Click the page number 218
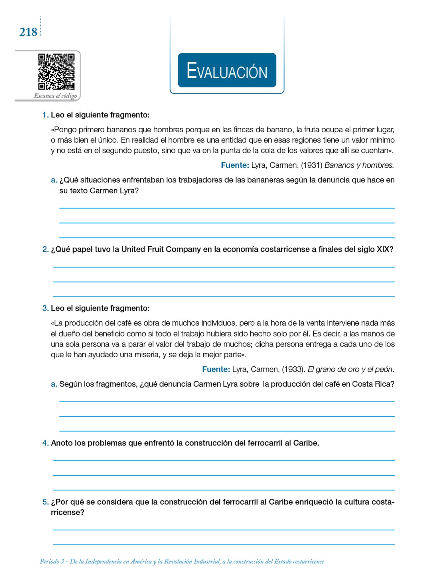point(28,32)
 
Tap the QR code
point(56,72)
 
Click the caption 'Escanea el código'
point(55,96)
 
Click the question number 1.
point(45,115)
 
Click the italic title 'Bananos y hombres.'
point(359,165)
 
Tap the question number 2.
point(45,249)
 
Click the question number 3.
point(45,308)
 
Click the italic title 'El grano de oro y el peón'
point(350,369)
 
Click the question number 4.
point(45,443)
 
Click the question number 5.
point(45,502)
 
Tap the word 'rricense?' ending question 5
point(68,512)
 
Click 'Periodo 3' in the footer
point(52,561)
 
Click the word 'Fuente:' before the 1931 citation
point(235,165)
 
